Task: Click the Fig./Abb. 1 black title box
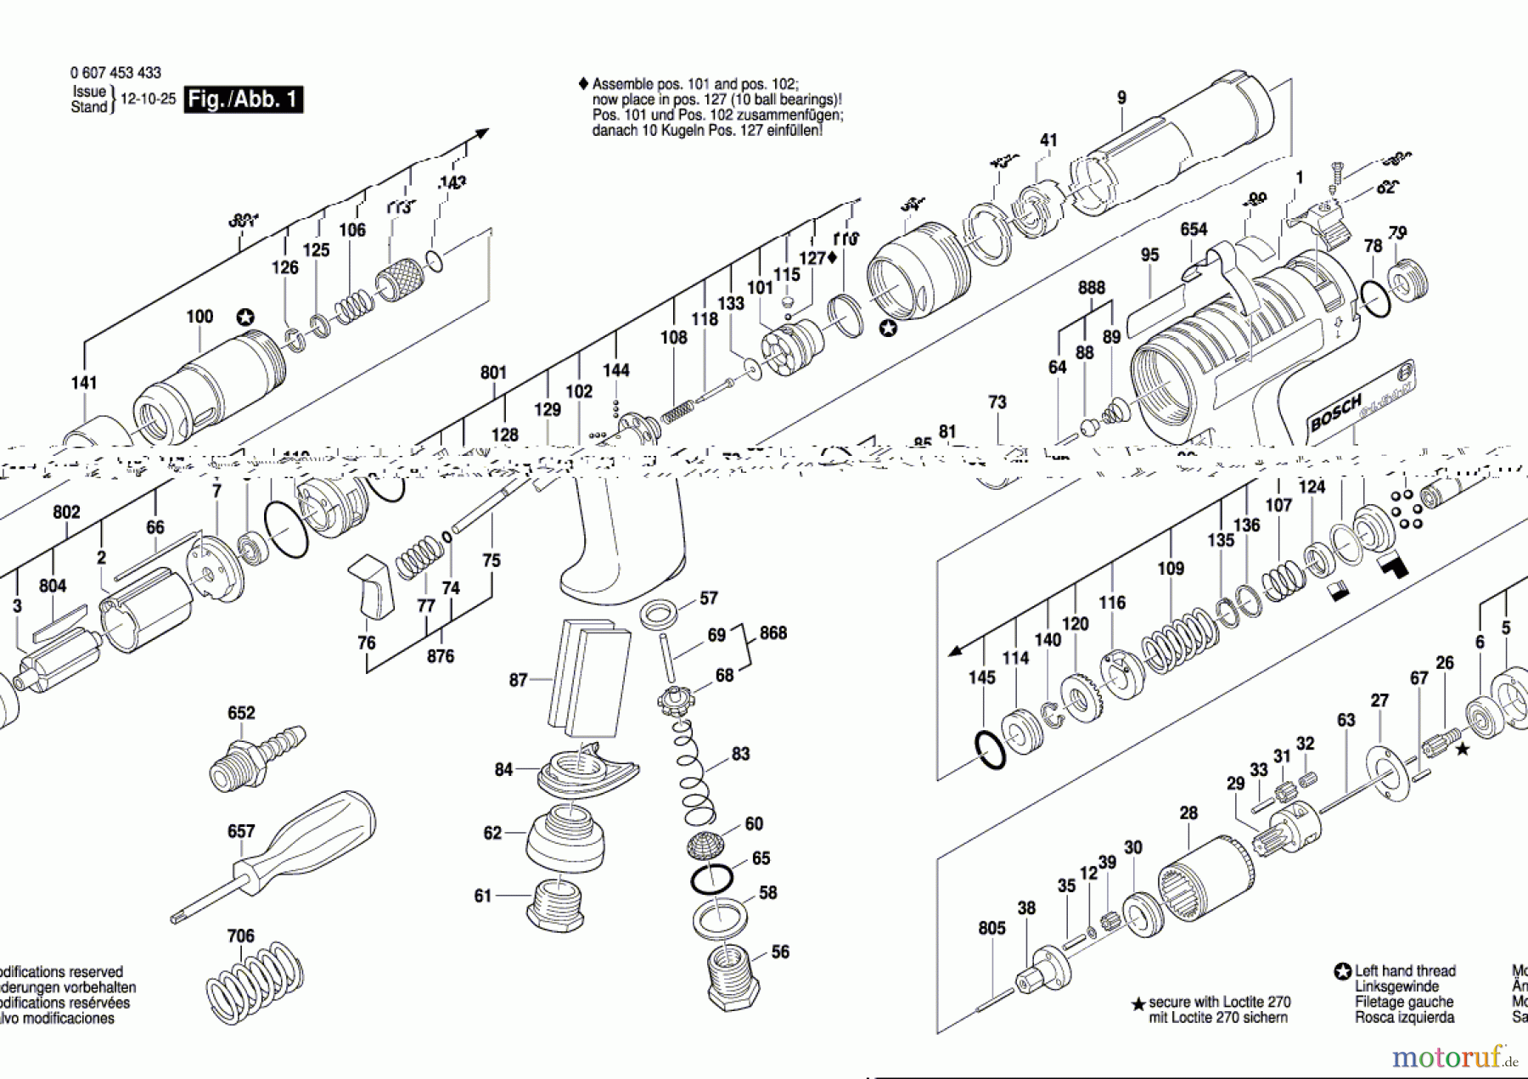pos(243,99)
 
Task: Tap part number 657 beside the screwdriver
pos(241,831)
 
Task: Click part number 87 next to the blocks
pos(518,680)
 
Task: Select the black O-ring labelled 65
pos(711,879)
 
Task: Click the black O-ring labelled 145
pos(989,750)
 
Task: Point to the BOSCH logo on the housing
pos(1334,412)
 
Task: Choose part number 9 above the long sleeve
pos(1121,98)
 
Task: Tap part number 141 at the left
pos(84,383)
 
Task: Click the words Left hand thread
pos(1404,970)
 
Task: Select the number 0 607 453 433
pos(115,73)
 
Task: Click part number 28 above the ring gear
pos(1188,813)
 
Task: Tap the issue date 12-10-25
pos(148,99)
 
